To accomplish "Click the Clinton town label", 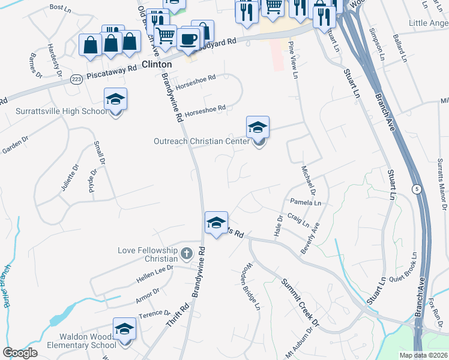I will pyautogui.click(x=157, y=64).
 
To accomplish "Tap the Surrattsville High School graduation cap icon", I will pyautogui.click(x=115, y=100).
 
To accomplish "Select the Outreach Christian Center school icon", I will pyautogui.click(x=258, y=128).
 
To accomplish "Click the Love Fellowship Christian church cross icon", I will pyautogui.click(x=186, y=253).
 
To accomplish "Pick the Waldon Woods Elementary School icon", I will pyautogui.click(x=124, y=329).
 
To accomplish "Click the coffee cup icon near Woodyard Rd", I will pyautogui.click(x=188, y=40).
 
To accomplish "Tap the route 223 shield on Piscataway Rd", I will pyautogui.click(x=76, y=80).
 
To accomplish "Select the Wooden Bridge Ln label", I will pyautogui.click(x=251, y=289).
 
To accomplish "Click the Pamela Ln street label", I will pyautogui.click(x=306, y=203).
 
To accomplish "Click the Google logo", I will pyautogui.click(x=19, y=353).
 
